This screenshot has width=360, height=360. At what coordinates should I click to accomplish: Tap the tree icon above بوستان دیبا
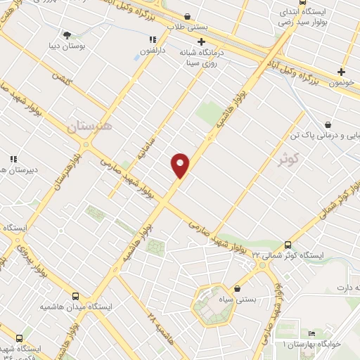point(67,34)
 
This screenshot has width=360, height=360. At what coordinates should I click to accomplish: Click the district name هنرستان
point(89,126)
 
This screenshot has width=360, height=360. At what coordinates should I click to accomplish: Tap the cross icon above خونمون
point(342,71)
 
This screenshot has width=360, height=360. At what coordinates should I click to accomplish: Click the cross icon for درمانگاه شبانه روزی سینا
point(202,41)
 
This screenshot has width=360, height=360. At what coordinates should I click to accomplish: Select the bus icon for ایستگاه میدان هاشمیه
point(75,297)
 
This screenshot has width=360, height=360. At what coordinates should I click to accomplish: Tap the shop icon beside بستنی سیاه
point(238,288)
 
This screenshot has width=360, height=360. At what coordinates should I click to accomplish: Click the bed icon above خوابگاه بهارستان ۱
point(311,333)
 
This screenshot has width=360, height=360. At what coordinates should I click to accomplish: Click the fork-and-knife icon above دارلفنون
point(153,39)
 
